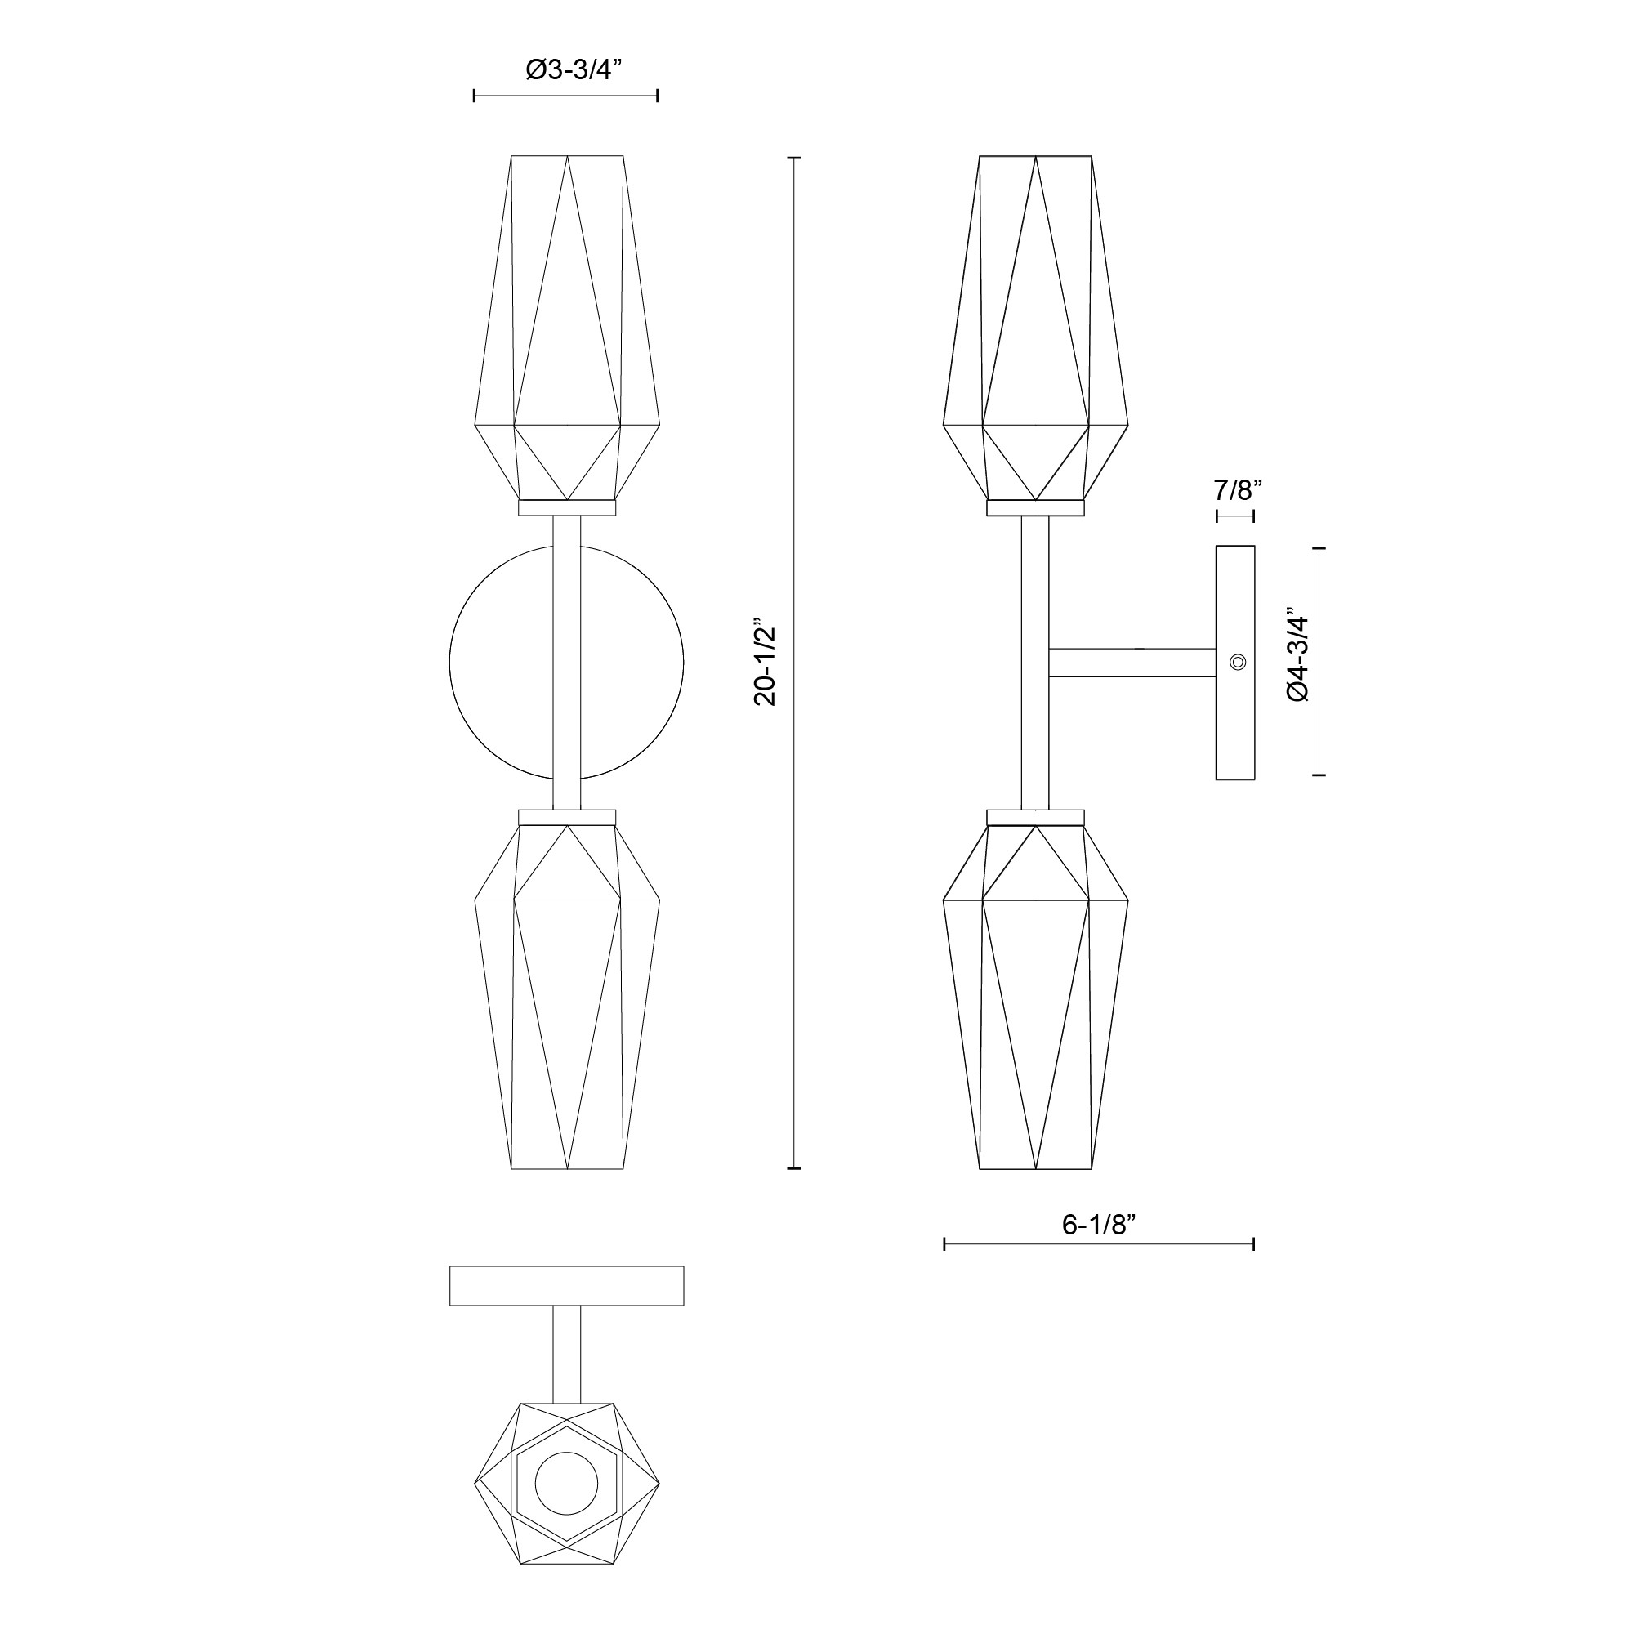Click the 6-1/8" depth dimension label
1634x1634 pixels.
tap(1099, 1225)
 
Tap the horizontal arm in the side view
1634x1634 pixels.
tap(1132, 663)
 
